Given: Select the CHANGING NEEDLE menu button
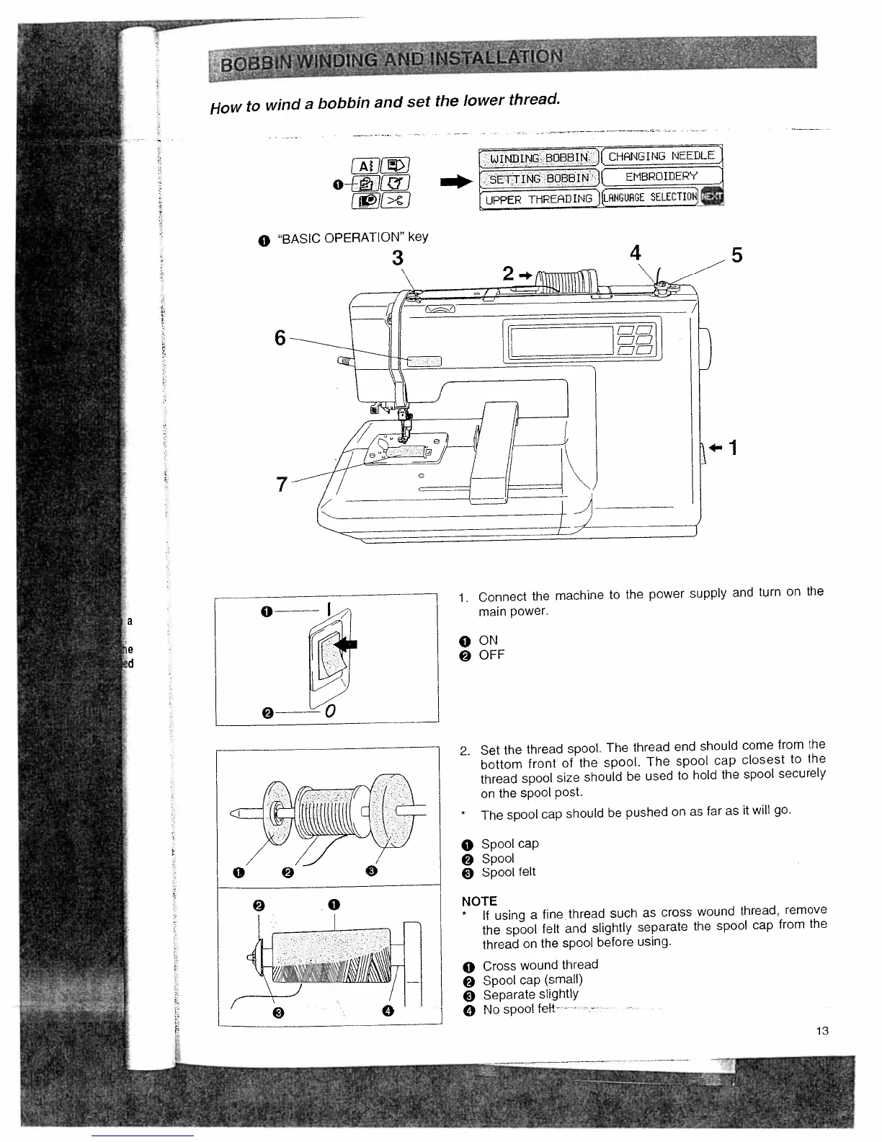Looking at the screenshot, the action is click(661, 156).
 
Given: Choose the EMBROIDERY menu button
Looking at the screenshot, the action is click(661, 177).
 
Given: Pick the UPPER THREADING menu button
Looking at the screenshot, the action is click(539, 198).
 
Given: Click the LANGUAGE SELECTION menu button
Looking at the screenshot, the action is click(651, 197).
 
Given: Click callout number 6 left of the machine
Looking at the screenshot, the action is click(281, 337).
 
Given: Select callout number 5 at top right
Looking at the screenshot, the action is click(736, 255).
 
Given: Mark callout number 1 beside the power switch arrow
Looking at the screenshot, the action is click(732, 448).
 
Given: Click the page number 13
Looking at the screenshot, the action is click(822, 1031).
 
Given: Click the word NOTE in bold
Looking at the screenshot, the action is click(479, 901).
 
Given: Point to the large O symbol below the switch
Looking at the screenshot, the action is click(329, 712).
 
